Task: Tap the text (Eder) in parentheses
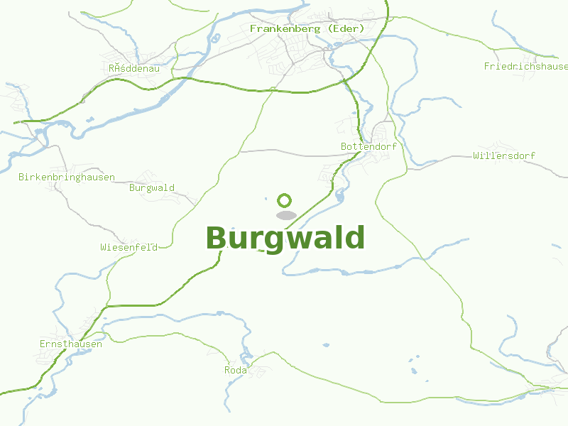342,28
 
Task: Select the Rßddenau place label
134,68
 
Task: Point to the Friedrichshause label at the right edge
525,66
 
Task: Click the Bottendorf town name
368,146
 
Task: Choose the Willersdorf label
504,155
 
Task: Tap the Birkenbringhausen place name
67,177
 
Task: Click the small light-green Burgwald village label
152,188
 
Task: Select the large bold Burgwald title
285,238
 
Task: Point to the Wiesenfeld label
129,247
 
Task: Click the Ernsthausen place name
71,344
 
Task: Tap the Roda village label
236,371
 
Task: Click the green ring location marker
285,200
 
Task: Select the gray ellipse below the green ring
285,215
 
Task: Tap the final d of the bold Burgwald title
354,238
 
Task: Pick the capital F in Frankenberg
253,28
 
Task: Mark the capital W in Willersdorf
476,155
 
